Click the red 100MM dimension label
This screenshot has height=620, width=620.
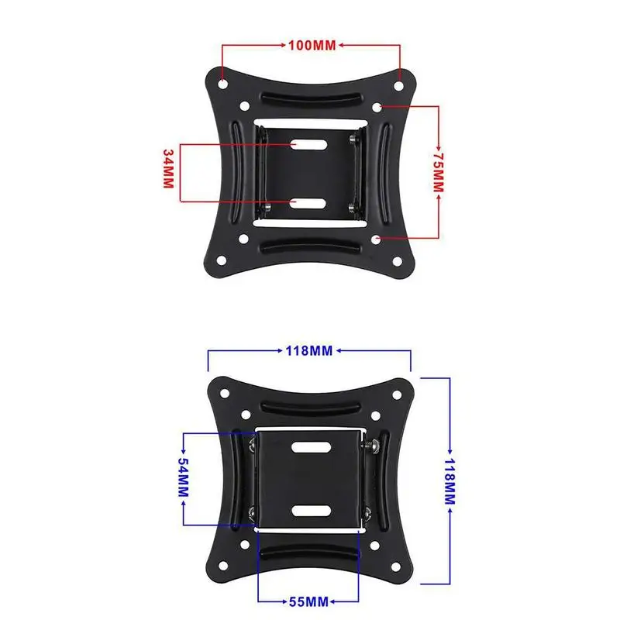pos(312,46)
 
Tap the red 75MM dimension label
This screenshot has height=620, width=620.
pos(438,172)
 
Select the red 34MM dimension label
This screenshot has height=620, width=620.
pos(169,169)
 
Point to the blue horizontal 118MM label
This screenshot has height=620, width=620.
pos(309,351)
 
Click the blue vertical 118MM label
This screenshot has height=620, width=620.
pos(450,481)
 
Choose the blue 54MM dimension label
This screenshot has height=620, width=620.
pos(184,477)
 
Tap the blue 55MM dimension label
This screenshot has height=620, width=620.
pos(308,602)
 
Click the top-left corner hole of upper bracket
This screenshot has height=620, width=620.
pos(222,84)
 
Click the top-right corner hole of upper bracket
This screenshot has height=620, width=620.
pos(398,85)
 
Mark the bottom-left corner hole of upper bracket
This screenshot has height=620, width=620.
pos(222,260)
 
